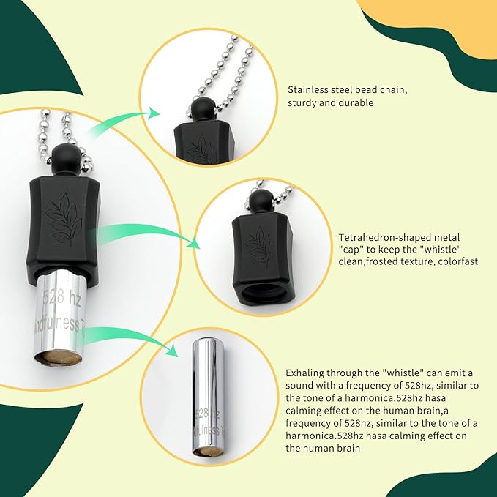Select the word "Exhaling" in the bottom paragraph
click(x=304, y=373)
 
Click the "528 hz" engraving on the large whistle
click(x=61, y=297)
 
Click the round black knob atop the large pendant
click(x=62, y=156)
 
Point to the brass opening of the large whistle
click(x=58, y=358)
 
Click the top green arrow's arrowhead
click(x=154, y=113)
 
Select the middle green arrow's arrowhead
click(x=194, y=243)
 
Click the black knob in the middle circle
click(x=260, y=201)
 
